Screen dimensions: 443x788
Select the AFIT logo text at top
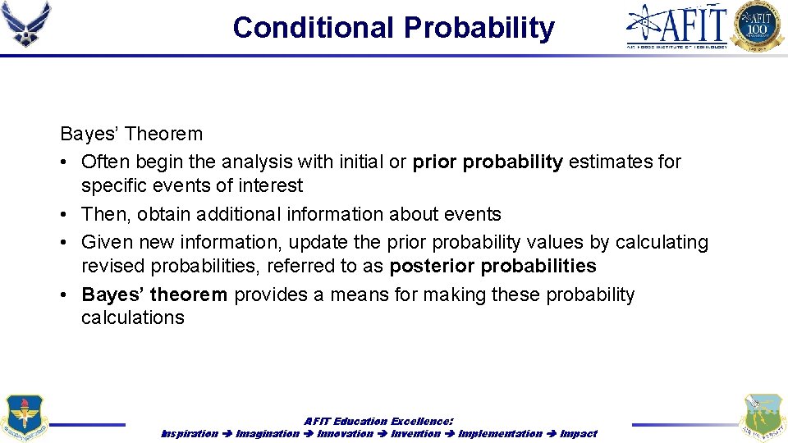coord(677,25)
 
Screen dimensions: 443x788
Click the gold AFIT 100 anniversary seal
coord(758,25)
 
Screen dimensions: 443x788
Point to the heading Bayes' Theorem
coord(131,134)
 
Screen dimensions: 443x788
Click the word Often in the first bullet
coord(105,162)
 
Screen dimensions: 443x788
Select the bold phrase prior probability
coord(488,162)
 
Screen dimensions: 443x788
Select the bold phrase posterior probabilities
coord(492,266)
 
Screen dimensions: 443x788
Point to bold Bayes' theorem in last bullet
coord(154,295)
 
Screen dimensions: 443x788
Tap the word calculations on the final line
coord(132,317)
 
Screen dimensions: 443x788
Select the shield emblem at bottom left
coord(25,418)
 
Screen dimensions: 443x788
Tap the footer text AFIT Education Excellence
coord(378,421)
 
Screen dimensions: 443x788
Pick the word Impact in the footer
coord(579,433)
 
